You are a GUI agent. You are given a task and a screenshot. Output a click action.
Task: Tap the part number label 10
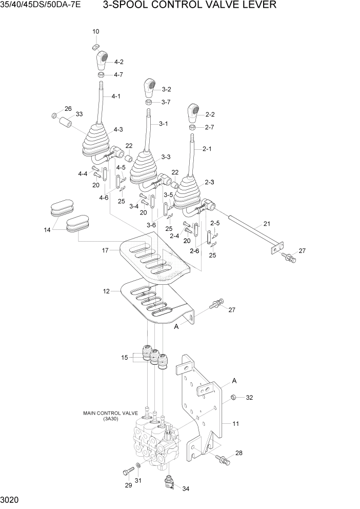point(96,32)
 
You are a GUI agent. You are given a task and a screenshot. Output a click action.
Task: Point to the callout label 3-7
point(166,102)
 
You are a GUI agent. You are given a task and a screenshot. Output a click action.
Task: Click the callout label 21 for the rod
point(267,223)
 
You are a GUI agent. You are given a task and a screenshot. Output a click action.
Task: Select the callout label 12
point(106,291)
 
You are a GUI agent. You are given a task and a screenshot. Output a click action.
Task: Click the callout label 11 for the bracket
point(236,424)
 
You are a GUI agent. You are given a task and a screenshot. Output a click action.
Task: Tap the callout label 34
point(186,488)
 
